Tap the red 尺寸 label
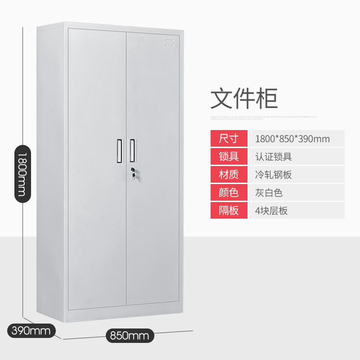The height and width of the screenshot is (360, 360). tap(229, 139)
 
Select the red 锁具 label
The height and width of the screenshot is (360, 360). tap(229, 156)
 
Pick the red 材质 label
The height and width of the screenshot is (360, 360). tap(229, 174)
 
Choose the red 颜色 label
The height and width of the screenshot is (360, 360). tap(229, 192)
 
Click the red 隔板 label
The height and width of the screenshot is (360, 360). tap(229, 210)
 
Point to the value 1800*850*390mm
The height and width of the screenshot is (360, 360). tap(292, 139)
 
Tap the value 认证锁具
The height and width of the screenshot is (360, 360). tap(273, 156)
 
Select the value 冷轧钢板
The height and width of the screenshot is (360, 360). tap(273, 174)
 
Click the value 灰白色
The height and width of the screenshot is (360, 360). tap(269, 193)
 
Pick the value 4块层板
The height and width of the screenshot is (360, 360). tap(271, 210)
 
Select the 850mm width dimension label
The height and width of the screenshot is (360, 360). tap(130, 335)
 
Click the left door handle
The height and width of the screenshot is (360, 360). tap(120, 150)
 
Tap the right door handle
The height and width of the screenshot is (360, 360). tap(132, 150)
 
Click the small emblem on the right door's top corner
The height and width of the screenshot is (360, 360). tap(170, 43)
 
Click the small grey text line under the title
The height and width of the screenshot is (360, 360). tap(264, 117)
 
